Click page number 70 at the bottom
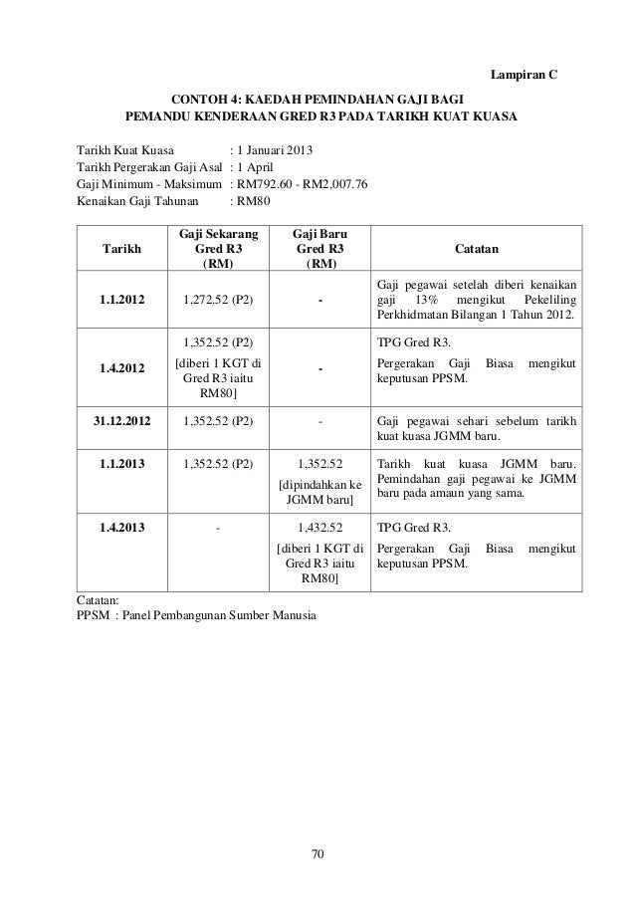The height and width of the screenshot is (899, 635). pos(318,853)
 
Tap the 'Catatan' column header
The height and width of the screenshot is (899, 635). pos(477,248)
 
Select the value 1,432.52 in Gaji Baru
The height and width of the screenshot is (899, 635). pos(320,527)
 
